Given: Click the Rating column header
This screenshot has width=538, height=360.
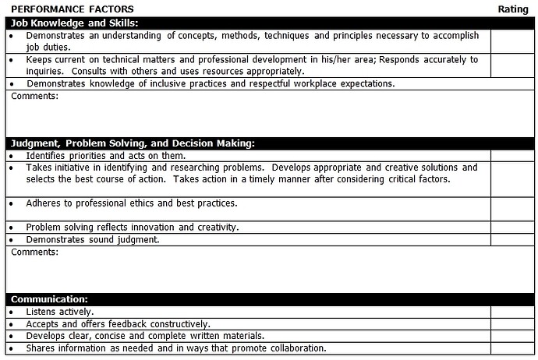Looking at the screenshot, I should (x=513, y=9).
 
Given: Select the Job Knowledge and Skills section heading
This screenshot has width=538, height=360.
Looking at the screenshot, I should (x=74, y=23).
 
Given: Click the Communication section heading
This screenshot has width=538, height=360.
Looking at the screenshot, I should (x=49, y=299).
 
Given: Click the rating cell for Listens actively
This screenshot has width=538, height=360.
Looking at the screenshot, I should (x=513, y=312).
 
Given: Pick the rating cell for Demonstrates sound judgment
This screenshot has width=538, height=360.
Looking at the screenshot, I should (x=513, y=239).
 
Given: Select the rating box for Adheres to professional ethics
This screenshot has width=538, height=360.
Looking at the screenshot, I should (x=513, y=209).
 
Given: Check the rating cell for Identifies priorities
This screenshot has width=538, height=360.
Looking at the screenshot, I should (x=513, y=156).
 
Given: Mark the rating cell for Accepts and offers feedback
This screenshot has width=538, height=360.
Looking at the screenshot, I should (x=513, y=324).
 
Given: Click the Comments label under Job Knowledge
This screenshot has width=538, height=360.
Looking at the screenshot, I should (x=34, y=97).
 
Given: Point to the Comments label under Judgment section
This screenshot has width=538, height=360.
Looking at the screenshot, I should (x=34, y=252).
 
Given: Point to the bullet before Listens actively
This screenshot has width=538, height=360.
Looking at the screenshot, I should (x=11, y=312).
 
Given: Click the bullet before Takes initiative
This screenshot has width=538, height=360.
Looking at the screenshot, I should (x=11, y=168).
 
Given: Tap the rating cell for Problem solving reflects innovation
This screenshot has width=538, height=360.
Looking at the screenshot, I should (x=513, y=228).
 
